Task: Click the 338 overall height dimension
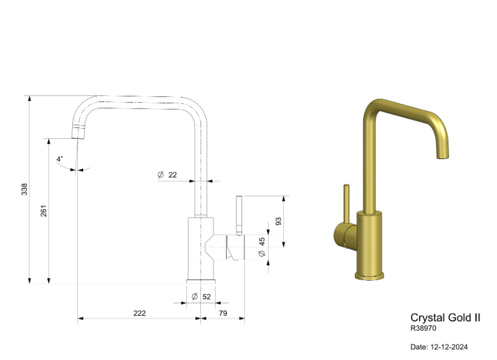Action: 24,189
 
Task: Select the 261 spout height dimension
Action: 43,210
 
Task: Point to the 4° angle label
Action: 60,158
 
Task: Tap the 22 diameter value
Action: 172,175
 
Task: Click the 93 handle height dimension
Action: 278,221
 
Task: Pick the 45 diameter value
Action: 262,241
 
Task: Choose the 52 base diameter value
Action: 207,297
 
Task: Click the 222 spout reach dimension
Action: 139,313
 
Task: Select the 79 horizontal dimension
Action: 223,313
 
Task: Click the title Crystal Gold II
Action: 445,318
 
